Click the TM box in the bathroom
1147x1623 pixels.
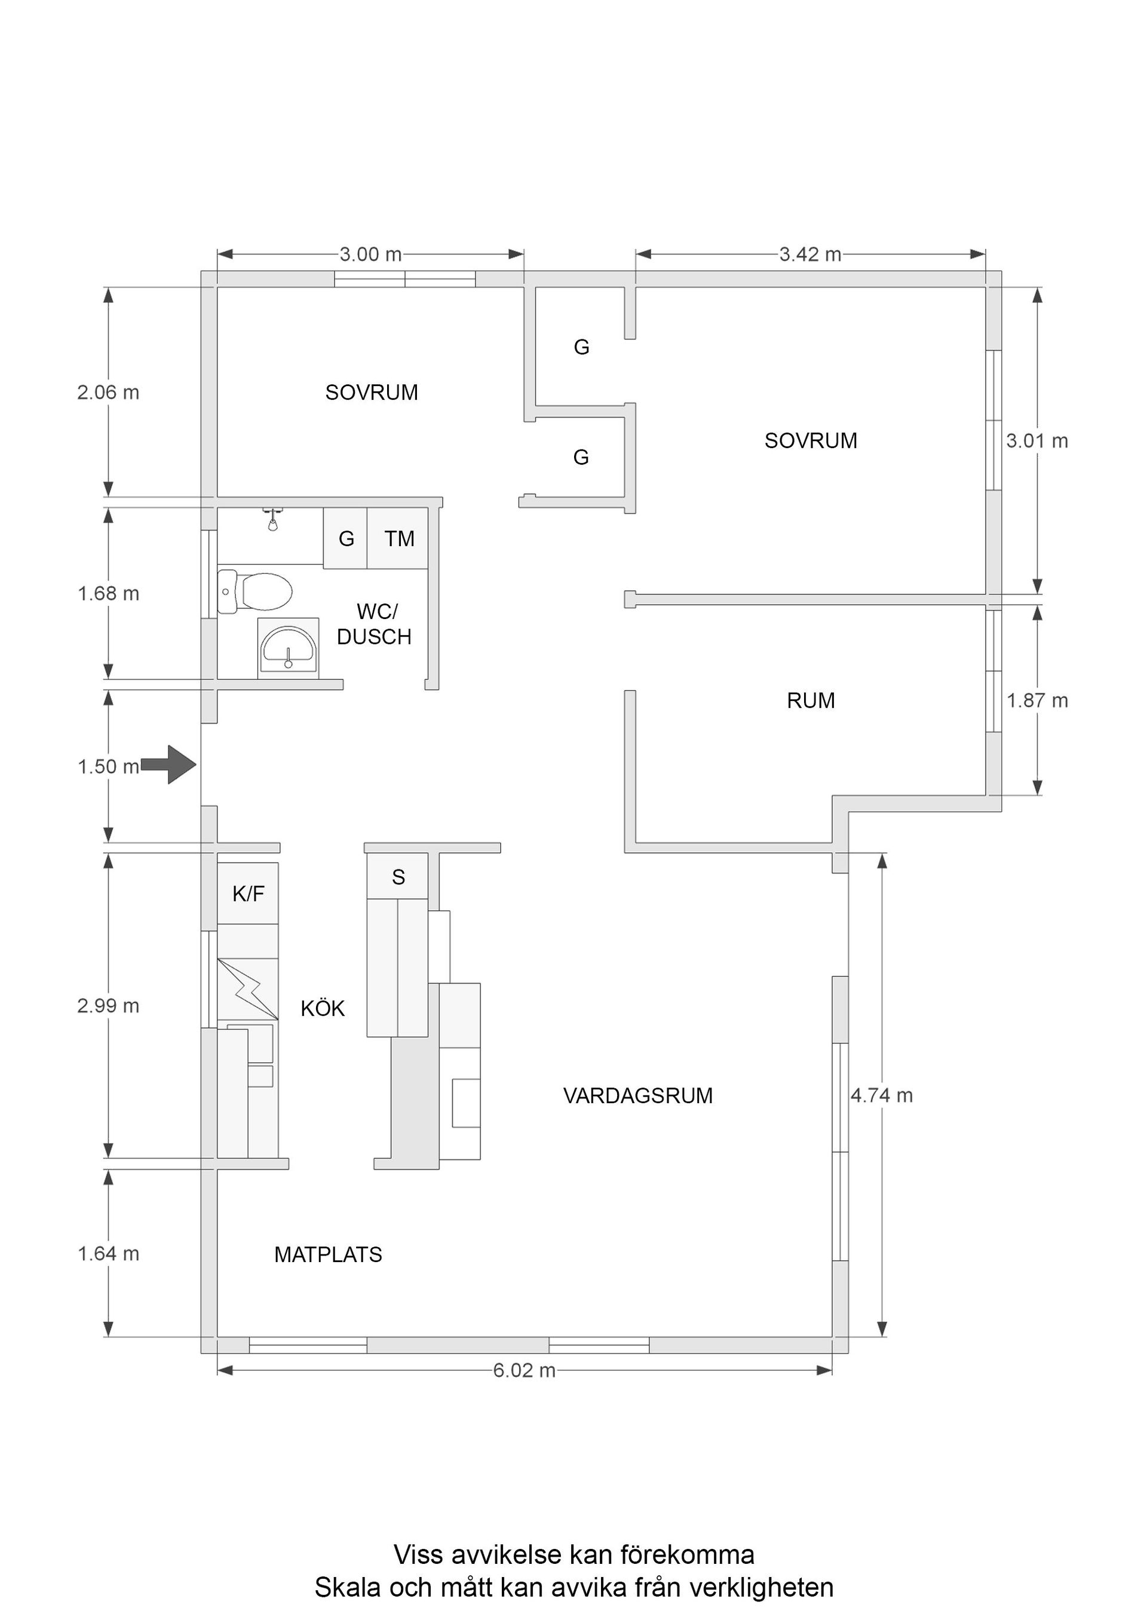click(x=398, y=538)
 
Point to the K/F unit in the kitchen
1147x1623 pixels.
click(x=247, y=893)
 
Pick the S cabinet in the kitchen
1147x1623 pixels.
click(x=398, y=877)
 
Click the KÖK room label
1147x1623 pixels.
click(x=322, y=1009)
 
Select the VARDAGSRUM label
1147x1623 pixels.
click(x=637, y=1096)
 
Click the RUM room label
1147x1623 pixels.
click(x=811, y=700)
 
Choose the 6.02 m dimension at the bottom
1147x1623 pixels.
click(x=524, y=1370)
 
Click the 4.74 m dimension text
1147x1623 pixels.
click(x=881, y=1096)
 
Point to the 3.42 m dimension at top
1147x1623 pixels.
click(x=810, y=255)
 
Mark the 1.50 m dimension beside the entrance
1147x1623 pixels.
click(x=108, y=766)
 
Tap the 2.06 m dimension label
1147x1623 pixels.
click(x=108, y=393)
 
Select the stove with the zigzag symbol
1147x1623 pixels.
click(x=247, y=989)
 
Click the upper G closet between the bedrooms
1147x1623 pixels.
click(x=581, y=347)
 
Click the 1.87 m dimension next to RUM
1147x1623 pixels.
click(x=1036, y=700)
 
